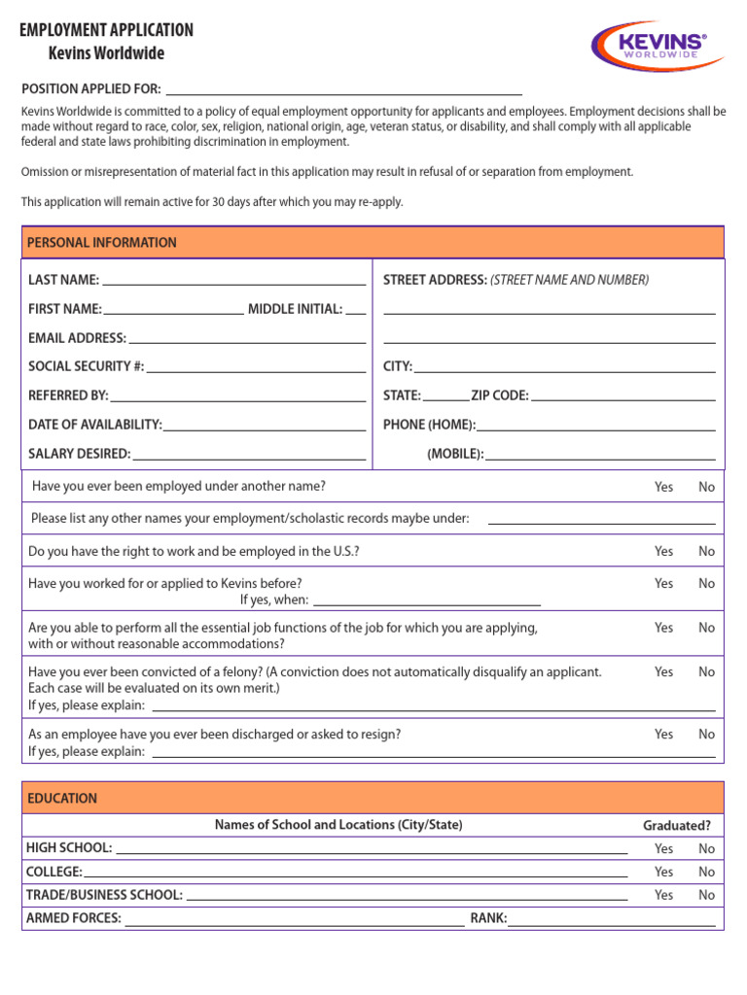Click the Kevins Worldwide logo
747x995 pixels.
pos(658,46)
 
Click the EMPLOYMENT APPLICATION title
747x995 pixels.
pos(107,30)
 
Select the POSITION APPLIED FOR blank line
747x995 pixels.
pos(344,89)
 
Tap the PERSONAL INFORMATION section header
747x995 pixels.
pos(102,243)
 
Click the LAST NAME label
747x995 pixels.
pos(63,280)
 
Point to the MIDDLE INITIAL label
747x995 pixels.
pos(295,309)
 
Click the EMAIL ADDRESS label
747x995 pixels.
pos(77,338)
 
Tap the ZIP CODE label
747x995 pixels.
pos(499,395)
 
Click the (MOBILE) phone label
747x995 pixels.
pos(455,454)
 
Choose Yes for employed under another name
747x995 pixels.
pos(663,487)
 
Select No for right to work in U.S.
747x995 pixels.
pos(706,551)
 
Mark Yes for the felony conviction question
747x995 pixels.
pos(663,671)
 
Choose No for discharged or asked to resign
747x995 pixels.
pos(706,735)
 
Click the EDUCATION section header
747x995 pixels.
pos(62,799)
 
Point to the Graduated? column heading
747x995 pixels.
pos(676,826)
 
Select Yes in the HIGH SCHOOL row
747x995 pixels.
pos(663,848)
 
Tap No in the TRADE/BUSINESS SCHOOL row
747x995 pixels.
pos(706,895)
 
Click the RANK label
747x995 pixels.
pos(488,918)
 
